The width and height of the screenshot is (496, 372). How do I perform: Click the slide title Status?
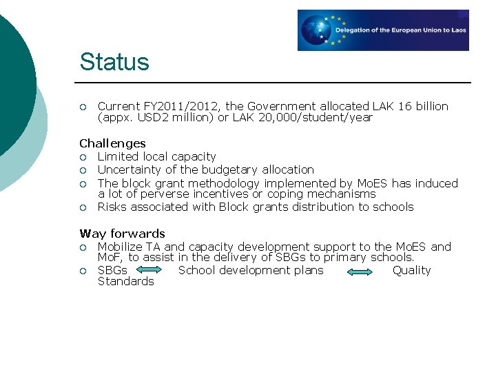pos(114,62)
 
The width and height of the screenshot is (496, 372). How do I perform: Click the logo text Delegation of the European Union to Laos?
pos(400,30)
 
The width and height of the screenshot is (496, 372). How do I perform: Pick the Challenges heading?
pos(112,143)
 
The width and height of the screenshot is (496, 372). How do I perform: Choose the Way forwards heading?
pos(122,234)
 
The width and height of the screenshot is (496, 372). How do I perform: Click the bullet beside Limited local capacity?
pos(83,157)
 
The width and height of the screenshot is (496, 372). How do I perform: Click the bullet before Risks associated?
pos(83,207)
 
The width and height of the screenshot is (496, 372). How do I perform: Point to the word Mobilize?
pos(121,247)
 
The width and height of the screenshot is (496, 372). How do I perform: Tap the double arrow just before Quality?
pos(358,271)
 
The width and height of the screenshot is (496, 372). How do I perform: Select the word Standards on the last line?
pos(125,281)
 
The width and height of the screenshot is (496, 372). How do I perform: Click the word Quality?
pos(411,270)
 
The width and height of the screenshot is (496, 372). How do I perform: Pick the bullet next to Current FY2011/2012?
pos(83,107)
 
